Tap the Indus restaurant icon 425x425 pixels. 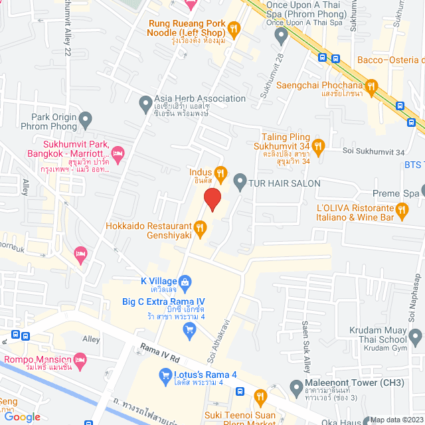[x=221, y=176]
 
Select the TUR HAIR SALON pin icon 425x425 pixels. [x=240, y=181]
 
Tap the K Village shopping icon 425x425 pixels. [x=187, y=282]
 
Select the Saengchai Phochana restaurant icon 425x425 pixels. [x=372, y=86]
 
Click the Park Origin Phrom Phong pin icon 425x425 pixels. [x=85, y=121]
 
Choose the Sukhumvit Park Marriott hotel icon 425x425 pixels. [x=118, y=154]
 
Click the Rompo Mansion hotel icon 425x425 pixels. [x=80, y=361]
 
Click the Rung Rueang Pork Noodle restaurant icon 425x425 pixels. [x=233, y=29]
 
